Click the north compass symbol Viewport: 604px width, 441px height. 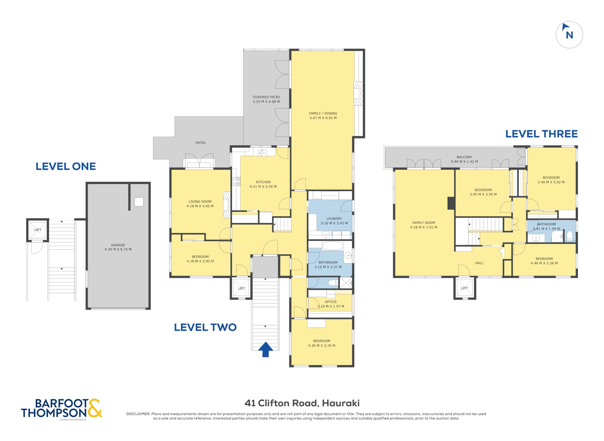pos(569,35)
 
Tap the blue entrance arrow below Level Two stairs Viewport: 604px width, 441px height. pos(265,349)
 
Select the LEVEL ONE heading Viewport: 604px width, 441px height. pos(66,166)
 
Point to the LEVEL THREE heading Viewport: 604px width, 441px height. pos(541,134)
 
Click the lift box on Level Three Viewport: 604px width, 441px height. pos(465,288)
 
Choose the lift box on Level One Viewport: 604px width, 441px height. pos(37,230)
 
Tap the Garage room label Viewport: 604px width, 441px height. pos(118,245)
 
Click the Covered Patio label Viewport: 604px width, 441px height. pos(266,97)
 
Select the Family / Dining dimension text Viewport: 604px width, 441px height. pos(323,118)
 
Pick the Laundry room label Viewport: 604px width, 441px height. pos(334,219)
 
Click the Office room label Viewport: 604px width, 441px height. pos(331,302)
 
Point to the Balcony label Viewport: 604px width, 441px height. pos(465,157)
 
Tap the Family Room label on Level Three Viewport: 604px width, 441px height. pos(424,223)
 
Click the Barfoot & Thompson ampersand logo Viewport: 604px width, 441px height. pos(95,408)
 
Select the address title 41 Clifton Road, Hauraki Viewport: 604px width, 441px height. pos(302,403)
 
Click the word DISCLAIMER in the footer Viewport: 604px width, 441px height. pos(138,414)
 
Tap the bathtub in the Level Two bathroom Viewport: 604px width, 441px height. pos(333,246)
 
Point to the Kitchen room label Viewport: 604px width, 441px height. pos(263,182)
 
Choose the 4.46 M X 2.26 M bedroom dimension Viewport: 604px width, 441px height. pos(544,263)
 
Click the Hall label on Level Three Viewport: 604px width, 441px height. pos(479,263)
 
